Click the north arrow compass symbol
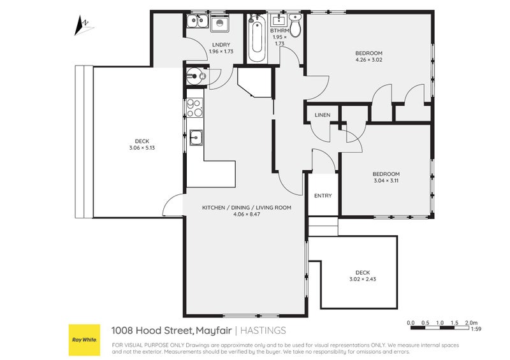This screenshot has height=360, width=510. pyautogui.click(x=82, y=26)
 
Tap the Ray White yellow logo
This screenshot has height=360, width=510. pyautogui.click(x=84, y=340)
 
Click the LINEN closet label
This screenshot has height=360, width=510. pyautogui.click(x=323, y=115)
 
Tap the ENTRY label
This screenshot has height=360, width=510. pyautogui.click(x=323, y=196)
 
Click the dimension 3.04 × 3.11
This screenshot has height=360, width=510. pyautogui.click(x=386, y=181)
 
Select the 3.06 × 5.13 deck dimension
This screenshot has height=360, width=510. pyautogui.click(x=142, y=148)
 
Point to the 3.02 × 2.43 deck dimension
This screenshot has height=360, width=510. pyautogui.click(x=362, y=279)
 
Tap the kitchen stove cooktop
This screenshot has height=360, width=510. pyautogui.click(x=195, y=109)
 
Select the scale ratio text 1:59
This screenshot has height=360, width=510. pyautogui.click(x=475, y=329)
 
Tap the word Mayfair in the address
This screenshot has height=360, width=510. pyautogui.click(x=213, y=330)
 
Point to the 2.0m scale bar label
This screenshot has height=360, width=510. pyautogui.click(x=471, y=322)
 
